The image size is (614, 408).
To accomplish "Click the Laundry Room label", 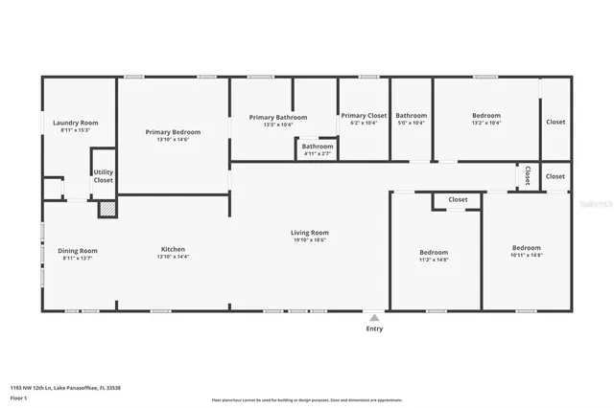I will tap(75, 123).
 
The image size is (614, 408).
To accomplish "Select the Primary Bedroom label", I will tap(173, 131).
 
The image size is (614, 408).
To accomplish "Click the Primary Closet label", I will tap(364, 115).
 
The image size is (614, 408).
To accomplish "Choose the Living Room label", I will tap(310, 232).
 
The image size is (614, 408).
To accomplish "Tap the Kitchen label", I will tap(173, 249).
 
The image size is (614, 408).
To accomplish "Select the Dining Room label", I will tap(78, 251).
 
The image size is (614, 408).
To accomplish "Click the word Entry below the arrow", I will tap(374, 329).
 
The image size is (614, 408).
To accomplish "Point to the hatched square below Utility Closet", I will tap(107, 208).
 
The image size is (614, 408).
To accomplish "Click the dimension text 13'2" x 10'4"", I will tap(486, 123).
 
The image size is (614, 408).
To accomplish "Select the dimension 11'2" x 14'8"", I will tap(434, 260).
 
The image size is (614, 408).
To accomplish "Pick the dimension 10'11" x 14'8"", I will tap(526, 255).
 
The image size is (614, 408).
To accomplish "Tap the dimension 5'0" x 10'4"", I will tap(411, 123).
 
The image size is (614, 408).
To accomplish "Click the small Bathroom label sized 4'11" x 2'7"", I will tap(317, 147).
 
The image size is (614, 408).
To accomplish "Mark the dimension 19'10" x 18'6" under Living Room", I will tap(310, 239).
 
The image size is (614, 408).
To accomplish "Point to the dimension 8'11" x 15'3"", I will tap(75, 130).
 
